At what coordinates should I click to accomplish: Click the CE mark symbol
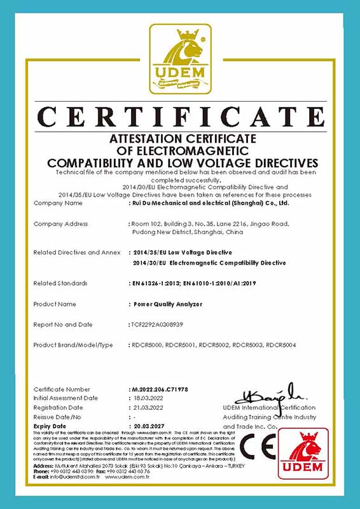(257, 448)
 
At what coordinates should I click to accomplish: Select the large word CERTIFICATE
(180, 118)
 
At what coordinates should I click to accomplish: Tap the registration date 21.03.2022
(147, 407)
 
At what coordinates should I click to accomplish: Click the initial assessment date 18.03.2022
(147, 398)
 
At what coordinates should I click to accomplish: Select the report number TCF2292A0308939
(155, 324)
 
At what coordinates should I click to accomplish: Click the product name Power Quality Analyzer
(165, 304)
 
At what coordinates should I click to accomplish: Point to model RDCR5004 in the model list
(280, 345)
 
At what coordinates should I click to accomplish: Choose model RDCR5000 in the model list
(146, 345)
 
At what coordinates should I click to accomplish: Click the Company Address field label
(60, 224)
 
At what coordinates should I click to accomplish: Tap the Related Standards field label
(60, 283)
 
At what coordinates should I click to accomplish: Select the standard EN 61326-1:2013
(160, 283)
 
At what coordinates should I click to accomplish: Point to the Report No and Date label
(63, 324)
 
